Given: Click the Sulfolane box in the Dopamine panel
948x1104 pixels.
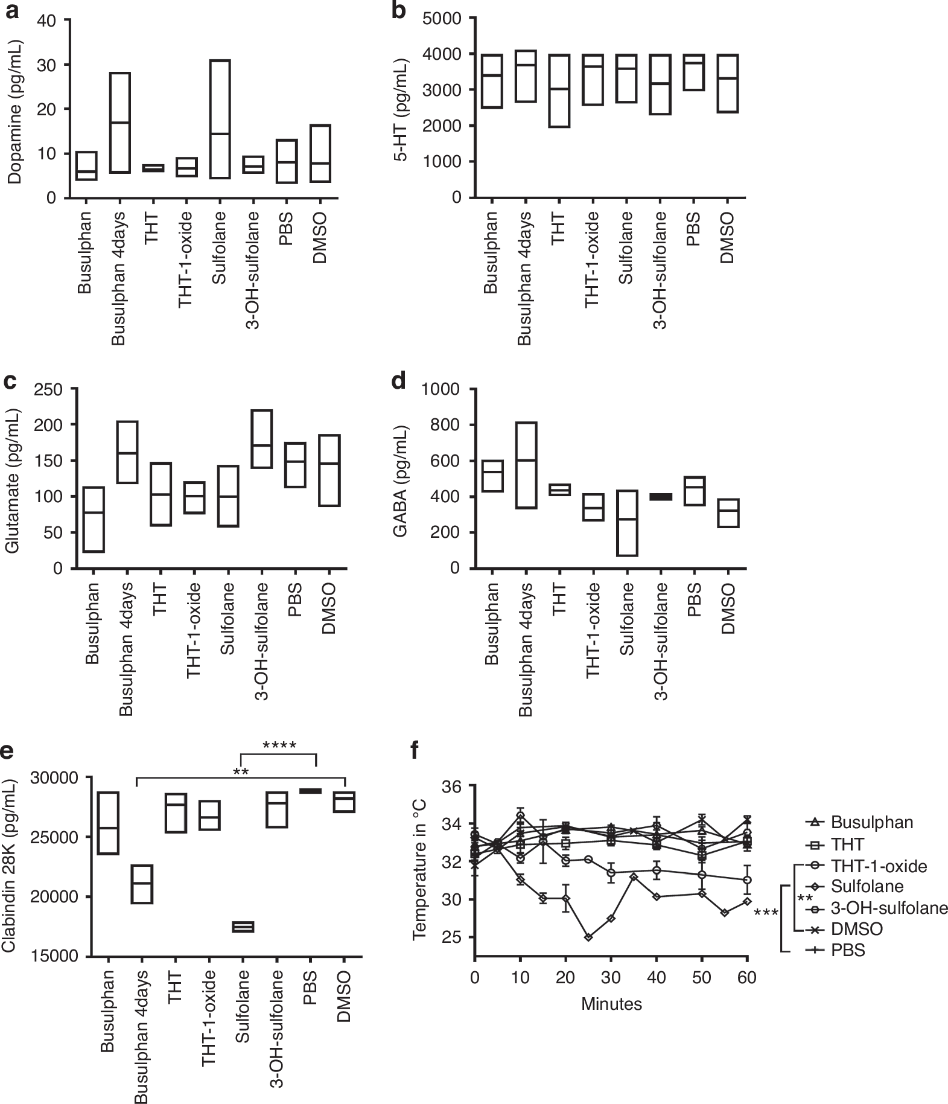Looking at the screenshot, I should [220, 119].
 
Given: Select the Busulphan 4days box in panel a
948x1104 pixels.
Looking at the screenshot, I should [120, 123].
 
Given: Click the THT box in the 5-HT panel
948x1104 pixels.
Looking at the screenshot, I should [559, 91].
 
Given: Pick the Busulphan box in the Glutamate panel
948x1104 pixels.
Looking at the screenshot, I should [94, 519].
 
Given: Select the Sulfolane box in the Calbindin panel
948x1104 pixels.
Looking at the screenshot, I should [243, 927].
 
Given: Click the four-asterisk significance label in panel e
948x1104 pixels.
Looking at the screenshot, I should [279, 746].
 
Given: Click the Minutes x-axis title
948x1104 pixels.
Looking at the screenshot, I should [611, 1004].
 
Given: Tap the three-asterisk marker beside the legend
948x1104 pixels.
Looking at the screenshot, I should [766, 913].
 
